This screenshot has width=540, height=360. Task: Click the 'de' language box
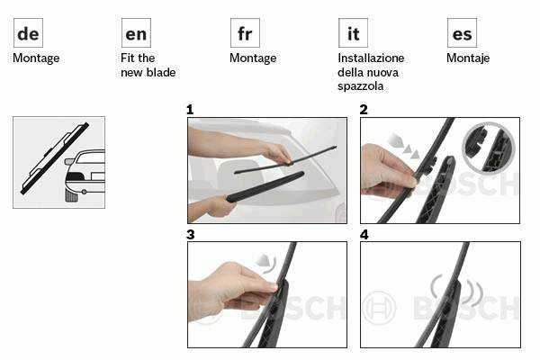[x=28, y=33]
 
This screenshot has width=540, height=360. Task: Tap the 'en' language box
[x=136, y=33]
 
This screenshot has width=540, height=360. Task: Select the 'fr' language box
[x=245, y=33]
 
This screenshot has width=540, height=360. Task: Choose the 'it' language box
[x=353, y=33]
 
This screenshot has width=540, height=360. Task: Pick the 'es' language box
[x=462, y=33]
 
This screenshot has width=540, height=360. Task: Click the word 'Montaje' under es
[x=468, y=58]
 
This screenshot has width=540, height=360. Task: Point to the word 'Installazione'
[x=371, y=58]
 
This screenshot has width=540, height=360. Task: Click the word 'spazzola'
[x=361, y=86]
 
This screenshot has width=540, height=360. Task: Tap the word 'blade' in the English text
[x=161, y=72]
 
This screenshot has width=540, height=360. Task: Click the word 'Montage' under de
[x=36, y=58]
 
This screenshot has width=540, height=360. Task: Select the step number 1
[x=190, y=110]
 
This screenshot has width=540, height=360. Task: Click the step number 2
[x=364, y=110]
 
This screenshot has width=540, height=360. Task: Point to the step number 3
[x=191, y=235]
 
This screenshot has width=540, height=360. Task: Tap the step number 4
[x=364, y=235]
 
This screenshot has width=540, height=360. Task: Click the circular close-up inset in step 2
[x=489, y=146]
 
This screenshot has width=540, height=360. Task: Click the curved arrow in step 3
[x=268, y=263]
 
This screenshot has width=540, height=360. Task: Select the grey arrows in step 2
[x=403, y=146]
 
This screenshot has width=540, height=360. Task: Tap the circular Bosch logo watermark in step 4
[x=379, y=308]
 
